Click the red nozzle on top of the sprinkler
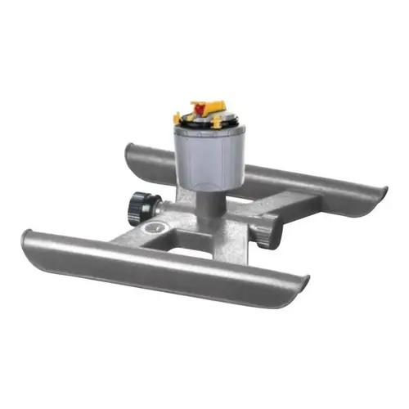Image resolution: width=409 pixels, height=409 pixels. (197, 106)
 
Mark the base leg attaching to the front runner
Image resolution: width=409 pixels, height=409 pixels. (123, 241)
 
